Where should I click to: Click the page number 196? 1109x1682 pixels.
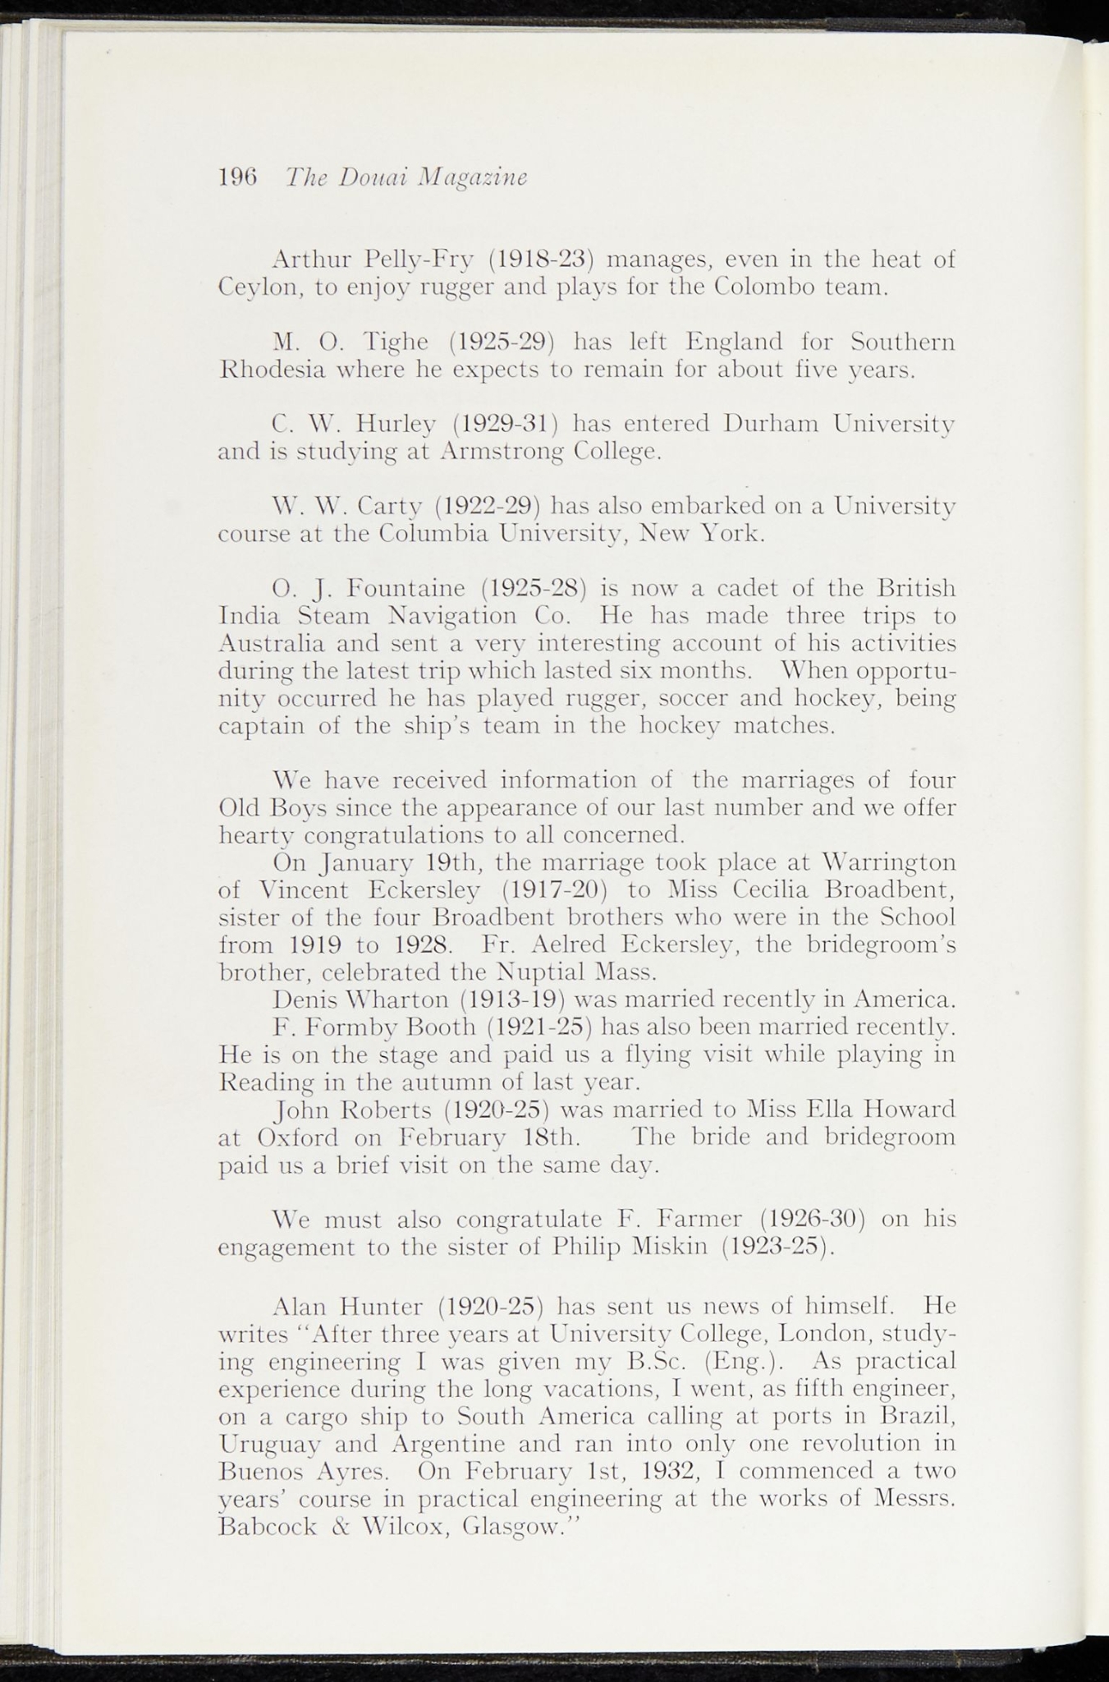[x=238, y=177]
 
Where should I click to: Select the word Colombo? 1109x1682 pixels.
[x=768, y=287]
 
